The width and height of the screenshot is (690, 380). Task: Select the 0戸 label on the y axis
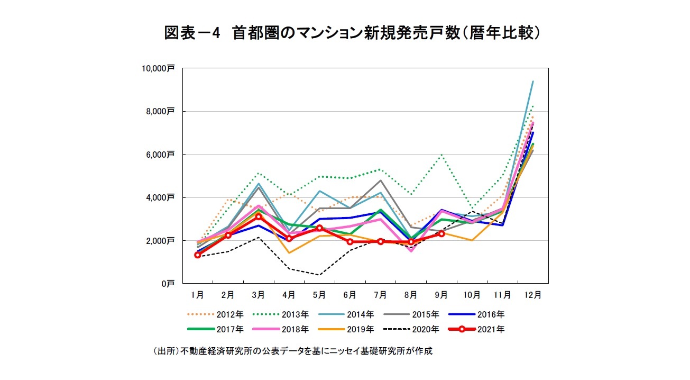click(x=168, y=284)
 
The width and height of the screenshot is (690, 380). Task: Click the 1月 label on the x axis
click(x=198, y=295)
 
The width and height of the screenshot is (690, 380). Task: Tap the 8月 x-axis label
click(x=411, y=295)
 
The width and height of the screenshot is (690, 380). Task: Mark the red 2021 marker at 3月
click(x=259, y=216)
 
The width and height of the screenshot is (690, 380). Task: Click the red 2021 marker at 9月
click(x=441, y=233)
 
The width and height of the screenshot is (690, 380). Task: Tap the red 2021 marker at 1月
click(x=198, y=255)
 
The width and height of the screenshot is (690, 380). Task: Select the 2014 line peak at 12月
click(x=532, y=82)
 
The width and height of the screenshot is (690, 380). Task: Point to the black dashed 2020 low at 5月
click(x=319, y=275)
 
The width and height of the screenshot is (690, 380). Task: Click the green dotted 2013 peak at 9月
click(x=441, y=155)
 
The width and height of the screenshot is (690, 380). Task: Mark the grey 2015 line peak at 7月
click(x=381, y=180)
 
